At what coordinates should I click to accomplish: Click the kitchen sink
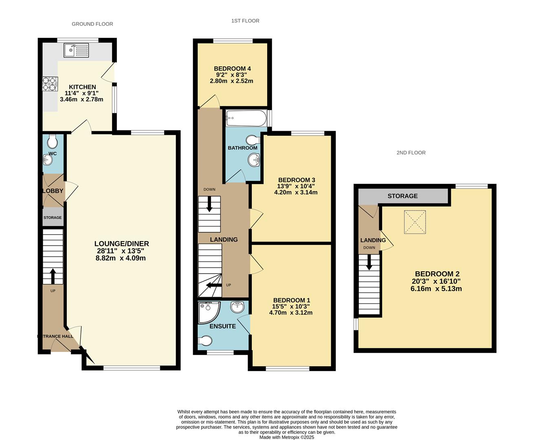[x=76, y=50]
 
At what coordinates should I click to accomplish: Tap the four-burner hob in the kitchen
[x=50, y=84]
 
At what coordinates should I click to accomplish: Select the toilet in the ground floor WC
[x=53, y=141]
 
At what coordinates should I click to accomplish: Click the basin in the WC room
[x=48, y=160]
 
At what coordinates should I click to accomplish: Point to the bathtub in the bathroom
[x=246, y=118]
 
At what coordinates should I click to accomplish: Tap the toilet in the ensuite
[x=205, y=341]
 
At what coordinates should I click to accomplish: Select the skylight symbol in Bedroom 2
[x=415, y=222]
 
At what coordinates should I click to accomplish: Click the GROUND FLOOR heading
[x=92, y=24]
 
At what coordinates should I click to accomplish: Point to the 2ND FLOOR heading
[x=411, y=153]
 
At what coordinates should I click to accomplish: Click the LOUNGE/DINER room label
[x=122, y=244]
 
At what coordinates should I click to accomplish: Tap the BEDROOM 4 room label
[x=232, y=68]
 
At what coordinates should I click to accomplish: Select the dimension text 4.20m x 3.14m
[x=296, y=192]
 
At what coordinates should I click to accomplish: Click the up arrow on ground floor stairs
[x=53, y=276]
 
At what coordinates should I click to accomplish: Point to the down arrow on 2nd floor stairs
[x=369, y=262]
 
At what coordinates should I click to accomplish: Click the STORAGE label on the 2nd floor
[x=402, y=196]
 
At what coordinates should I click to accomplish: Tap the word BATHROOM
[x=242, y=148]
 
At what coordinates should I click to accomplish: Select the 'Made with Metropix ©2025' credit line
[x=287, y=437]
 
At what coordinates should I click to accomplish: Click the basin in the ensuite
[x=237, y=307]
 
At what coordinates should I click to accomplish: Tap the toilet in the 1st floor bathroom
[x=253, y=140]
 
